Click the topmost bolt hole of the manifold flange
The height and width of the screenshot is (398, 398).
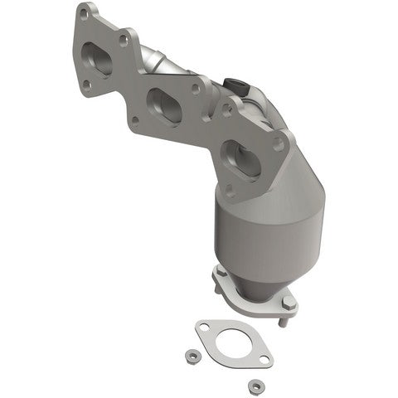[84, 14]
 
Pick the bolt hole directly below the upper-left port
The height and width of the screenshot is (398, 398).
[85, 83]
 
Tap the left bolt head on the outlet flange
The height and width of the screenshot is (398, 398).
[222, 273]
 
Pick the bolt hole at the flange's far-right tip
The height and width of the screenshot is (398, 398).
[279, 144]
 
